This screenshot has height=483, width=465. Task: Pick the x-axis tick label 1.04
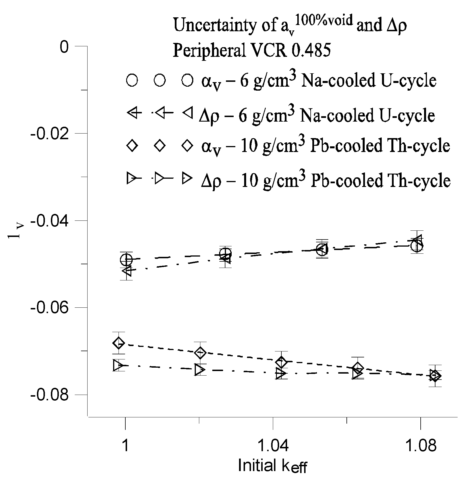(x=273, y=446)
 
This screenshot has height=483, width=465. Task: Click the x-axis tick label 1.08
(x=420, y=446)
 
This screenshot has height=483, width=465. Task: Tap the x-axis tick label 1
(x=125, y=446)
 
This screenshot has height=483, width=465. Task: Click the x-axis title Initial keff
(x=273, y=466)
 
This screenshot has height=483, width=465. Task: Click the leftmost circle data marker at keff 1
(x=126, y=259)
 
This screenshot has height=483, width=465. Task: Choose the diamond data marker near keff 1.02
(x=200, y=353)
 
